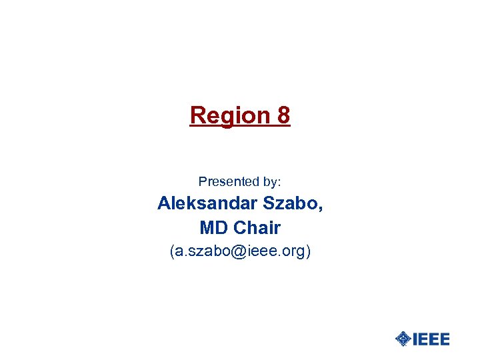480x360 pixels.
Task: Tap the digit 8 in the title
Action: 283,116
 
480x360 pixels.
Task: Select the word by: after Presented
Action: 272,182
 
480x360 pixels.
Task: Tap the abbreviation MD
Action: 213,228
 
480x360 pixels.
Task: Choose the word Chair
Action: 257,228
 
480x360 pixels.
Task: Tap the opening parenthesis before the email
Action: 172,252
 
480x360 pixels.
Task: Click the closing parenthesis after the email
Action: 307,252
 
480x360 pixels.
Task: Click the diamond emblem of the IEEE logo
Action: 403,339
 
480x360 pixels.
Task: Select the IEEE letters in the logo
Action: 431,339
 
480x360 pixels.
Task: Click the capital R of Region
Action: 197,116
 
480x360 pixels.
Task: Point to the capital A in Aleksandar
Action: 164,204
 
